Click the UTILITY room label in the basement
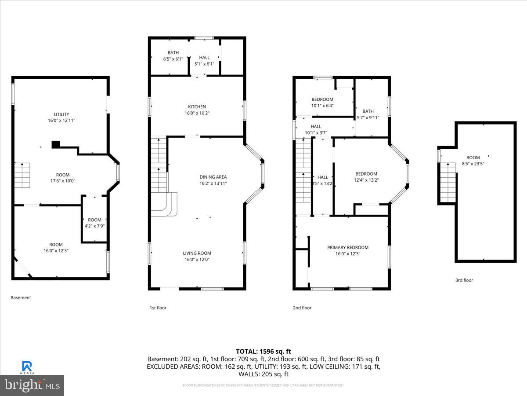(61, 114)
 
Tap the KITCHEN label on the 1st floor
(197, 107)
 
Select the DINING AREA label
(213, 177)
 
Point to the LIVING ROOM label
(197, 253)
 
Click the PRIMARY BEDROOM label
(348, 247)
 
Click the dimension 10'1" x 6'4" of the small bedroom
(322, 106)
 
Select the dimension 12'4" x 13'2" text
(366, 180)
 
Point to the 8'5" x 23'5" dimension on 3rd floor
(473, 164)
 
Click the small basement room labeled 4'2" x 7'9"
(94, 223)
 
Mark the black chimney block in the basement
(56, 144)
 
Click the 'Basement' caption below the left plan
(21, 298)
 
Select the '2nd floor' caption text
(302, 308)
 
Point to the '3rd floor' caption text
(464, 280)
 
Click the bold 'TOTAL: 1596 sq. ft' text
(263, 351)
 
